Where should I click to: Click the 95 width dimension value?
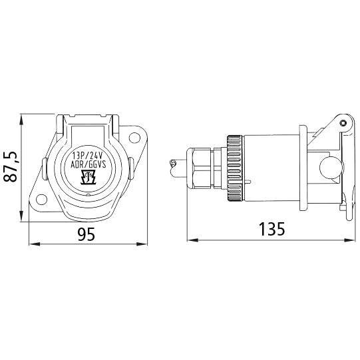(x=87, y=234)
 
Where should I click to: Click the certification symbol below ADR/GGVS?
(x=87, y=177)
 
